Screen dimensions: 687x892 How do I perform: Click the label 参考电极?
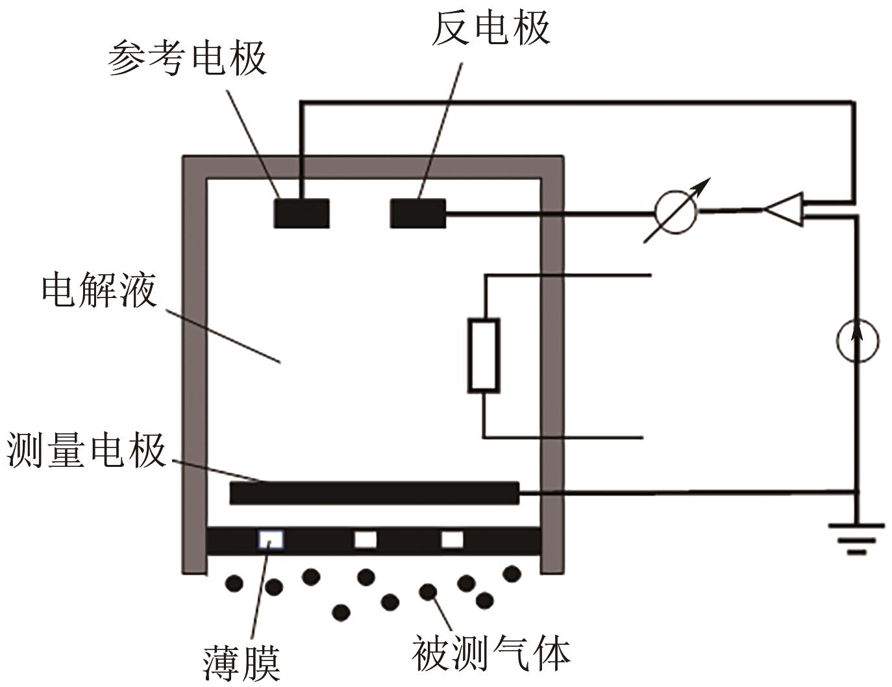coord(187,58)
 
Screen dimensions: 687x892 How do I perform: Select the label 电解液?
coord(99,290)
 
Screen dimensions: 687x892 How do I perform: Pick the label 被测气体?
coord(491,653)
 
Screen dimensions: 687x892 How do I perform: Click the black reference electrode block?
coord(301,213)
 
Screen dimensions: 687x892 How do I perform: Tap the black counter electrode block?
coord(417,213)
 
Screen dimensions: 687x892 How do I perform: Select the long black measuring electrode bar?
coord(374,493)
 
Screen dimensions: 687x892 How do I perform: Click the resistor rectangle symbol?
coord(484,355)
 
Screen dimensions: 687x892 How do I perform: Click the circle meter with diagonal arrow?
coord(676,211)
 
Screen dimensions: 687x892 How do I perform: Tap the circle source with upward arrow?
coord(857,340)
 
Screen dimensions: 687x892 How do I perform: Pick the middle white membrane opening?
coord(365,540)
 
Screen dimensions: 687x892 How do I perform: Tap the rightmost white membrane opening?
coord(452,540)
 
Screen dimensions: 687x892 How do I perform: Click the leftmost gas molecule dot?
coord(234,583)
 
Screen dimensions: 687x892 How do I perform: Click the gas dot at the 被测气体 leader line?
coord(428,592)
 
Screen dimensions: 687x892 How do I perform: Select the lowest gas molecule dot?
coord(341,612)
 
